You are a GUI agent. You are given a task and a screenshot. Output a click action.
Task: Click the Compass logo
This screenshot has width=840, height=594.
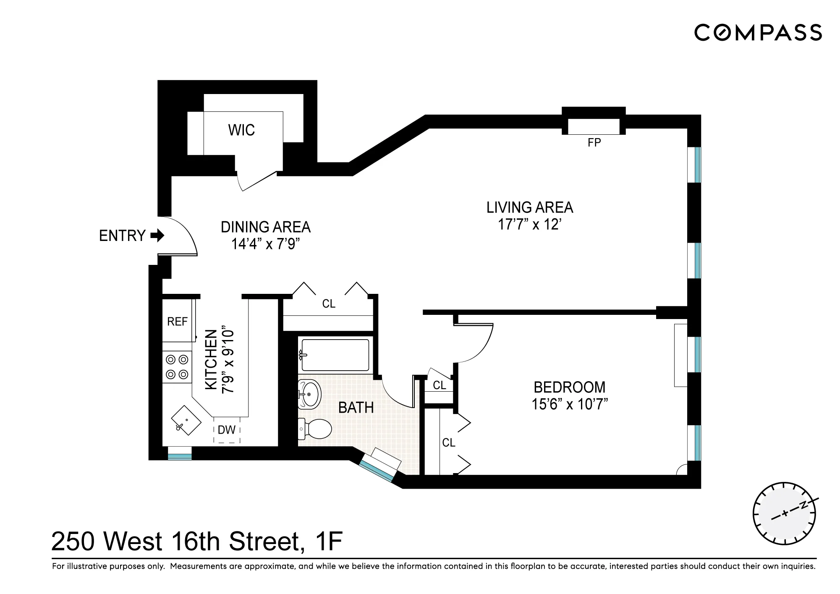tap(758, 32)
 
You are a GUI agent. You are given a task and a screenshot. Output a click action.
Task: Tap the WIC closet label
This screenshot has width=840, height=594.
tap(241, 130)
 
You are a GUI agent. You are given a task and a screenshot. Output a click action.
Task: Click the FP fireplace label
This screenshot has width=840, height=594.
tap(594, 143)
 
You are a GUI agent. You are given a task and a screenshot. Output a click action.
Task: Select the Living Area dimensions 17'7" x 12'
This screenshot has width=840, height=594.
tap(530, 225)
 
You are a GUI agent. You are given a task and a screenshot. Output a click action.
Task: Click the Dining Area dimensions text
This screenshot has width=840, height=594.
tap(266, 244)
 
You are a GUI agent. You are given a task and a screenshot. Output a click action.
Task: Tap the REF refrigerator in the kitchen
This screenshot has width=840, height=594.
tap(177, 322)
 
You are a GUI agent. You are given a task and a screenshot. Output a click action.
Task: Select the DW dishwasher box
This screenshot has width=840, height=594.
tap(227, 430)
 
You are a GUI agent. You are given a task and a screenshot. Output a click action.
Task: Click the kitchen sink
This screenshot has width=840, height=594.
tap(186, 420)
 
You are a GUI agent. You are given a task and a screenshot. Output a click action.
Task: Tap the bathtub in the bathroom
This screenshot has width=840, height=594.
tap(335, 355)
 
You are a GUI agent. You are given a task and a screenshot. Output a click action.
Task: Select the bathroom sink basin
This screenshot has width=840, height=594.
tap(310, 394)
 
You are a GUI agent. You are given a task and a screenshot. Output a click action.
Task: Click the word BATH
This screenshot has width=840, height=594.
tap(356, 408)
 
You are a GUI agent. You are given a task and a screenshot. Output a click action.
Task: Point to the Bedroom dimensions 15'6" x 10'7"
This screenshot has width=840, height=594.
tap(570, 404)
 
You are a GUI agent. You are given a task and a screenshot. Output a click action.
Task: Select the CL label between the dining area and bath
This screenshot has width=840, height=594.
tap(329, 304)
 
